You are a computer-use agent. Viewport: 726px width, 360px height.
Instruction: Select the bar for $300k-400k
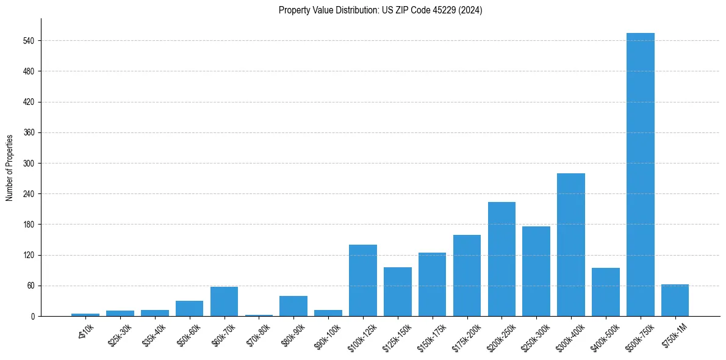point(570,245)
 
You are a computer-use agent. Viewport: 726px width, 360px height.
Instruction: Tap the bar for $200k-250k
point(501,259)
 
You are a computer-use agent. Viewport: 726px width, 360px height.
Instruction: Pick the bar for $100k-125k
point(362,280)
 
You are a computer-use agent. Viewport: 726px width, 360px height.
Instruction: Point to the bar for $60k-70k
point(224,301)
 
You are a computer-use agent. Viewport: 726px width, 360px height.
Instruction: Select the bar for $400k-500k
point(605,292)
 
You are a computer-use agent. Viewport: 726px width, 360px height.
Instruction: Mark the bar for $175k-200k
point(467,275)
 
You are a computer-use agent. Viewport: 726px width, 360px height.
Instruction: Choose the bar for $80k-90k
point(293,306)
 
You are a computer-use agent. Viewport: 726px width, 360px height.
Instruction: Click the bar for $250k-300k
point(536,271)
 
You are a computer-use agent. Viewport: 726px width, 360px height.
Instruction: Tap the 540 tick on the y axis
point(29,41)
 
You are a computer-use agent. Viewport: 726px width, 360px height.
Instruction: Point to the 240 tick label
point(29,194)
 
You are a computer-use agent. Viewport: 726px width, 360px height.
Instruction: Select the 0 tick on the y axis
point(32,316)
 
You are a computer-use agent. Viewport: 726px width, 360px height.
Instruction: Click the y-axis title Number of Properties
point(9,167)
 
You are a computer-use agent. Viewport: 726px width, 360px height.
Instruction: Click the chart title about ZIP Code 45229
point(380,10)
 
